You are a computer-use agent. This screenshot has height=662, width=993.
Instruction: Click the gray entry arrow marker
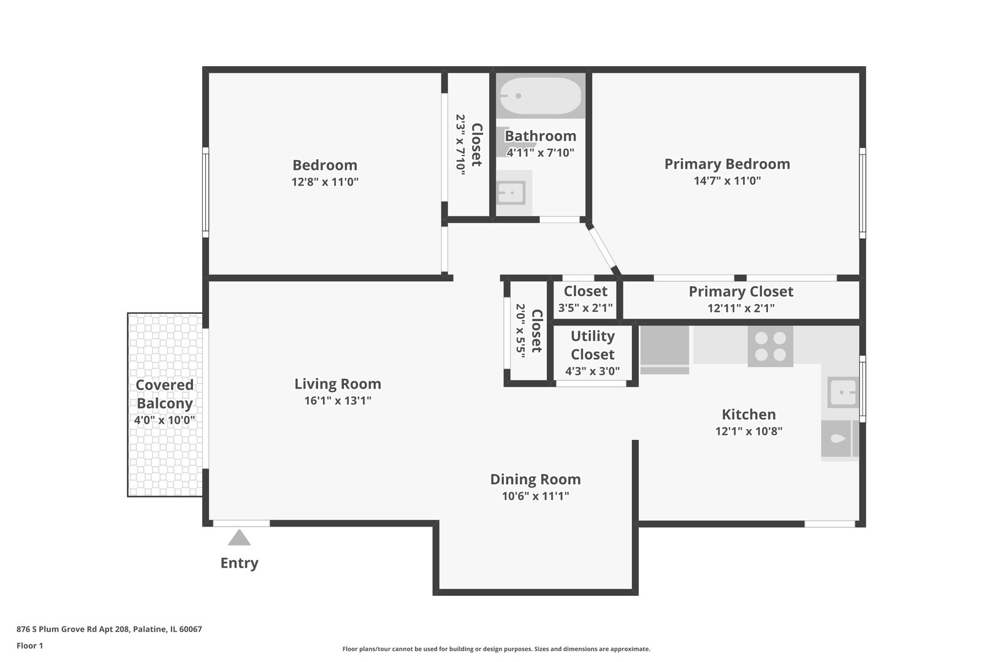239,538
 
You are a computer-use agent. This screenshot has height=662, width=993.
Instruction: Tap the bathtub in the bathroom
540,96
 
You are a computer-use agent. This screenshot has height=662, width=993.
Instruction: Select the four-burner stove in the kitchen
770,346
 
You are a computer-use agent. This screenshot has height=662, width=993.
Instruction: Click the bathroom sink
511,193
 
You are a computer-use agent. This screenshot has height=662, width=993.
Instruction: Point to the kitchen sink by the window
843,392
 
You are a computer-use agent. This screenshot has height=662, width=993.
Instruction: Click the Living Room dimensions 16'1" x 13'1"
338,401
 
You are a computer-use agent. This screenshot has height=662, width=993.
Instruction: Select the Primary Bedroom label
727,164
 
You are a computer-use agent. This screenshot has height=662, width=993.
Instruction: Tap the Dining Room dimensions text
536,496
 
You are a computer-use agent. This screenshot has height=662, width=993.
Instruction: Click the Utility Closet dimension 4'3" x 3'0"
592,371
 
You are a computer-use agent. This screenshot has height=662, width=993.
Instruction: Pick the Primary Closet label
740,291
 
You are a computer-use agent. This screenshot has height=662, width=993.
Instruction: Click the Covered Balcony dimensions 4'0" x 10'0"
164,420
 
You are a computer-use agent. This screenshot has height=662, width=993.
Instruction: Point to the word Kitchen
749,414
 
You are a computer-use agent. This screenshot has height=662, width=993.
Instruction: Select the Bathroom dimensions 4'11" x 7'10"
541,153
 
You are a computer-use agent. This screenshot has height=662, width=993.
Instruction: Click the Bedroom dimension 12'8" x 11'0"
325,182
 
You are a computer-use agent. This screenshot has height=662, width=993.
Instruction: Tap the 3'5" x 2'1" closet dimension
585,308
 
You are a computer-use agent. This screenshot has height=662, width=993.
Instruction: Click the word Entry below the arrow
240,563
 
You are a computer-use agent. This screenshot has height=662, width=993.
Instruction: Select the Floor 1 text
29,645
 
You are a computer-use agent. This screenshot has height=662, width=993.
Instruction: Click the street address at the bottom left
109,629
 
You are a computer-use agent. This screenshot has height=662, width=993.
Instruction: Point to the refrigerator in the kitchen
664,350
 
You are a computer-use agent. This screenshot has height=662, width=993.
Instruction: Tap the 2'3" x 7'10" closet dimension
461,145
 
